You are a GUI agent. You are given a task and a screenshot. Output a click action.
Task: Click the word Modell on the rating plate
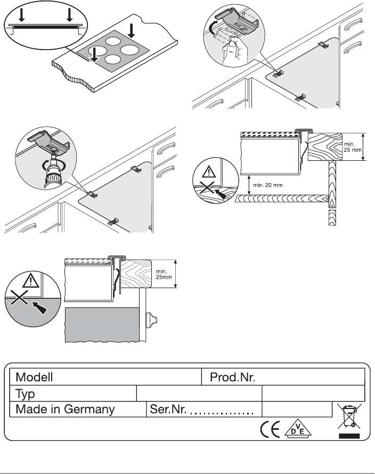pyautogui.click(x=34, y=377)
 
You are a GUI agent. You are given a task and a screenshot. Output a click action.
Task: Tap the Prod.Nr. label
pyautogui.click(x=233, y=377)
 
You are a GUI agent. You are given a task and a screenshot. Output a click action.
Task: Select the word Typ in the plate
pyautogui.click(x=25, y=394)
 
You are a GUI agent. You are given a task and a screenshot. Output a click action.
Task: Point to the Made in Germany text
pyautogui.click(x=65, y=410)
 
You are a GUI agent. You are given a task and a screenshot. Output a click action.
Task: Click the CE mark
pyautogui.click(x=270, y=429)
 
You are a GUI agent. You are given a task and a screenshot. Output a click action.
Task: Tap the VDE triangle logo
pyautogui.click(x=298, y=428)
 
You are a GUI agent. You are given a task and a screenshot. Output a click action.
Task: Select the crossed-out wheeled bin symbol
pyautogui.click(x=349, y=416)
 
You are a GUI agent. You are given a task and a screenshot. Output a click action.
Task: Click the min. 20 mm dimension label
pyautogui.click(x=268, y=185)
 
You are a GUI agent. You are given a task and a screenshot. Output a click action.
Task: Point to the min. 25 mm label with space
pyautogui.click(x=352, y=147)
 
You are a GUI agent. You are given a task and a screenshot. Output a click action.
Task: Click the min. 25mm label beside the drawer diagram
pyautogui.click(x=164, y=274)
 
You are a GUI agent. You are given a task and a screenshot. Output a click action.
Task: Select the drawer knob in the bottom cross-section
pyautogui.click(x=151, y=320)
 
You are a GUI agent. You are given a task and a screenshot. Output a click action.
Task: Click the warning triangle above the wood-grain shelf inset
pyautogui.click(x=209, y=173)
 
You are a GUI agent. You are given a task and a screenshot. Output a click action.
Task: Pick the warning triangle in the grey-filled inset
pyautogui.click(x=31, y=280)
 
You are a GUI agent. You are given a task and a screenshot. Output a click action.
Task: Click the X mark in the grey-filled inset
pyautogui.click(x=19, y=298)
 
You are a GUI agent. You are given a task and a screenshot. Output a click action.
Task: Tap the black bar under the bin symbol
pyautogui.click(x=349, y=436)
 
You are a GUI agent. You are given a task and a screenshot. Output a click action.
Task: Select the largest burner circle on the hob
pyautogui.click(x=130, y=50)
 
